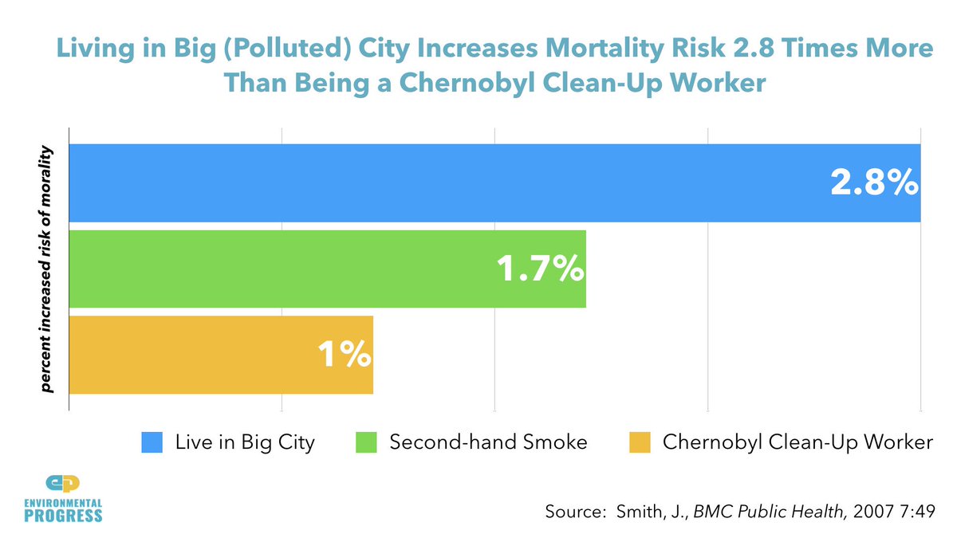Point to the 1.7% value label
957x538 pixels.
(540, 269)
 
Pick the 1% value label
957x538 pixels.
(344, 355)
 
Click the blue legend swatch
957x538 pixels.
(152, 442)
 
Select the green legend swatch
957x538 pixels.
(365, 442)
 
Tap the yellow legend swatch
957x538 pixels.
(640, 442)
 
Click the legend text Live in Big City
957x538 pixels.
(245, 442)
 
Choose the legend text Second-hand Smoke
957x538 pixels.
(488, 442)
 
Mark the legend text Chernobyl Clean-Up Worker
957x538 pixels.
(797, 442)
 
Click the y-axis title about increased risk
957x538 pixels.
(47, 269)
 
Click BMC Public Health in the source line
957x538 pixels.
(768, 512)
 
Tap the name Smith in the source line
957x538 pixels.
(639, 512)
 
